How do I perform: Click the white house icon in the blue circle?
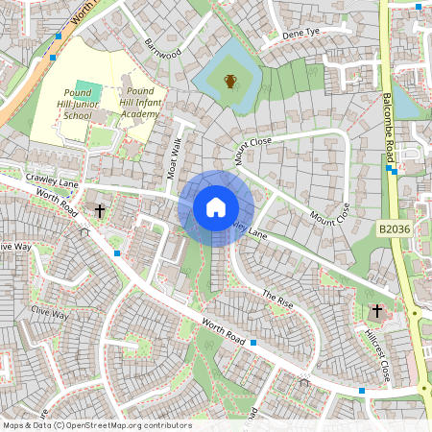(x=216, y=207)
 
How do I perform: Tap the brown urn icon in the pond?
(x=229, y=81)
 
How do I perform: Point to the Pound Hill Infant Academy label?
(x=144, y=108)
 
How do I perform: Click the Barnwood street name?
(x=162, y=48)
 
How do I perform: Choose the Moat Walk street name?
(x=175, y=157)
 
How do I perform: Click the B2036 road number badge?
(x=396, y=229)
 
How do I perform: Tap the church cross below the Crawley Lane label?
(x=99, y=210)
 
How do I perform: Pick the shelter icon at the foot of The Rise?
(x=304, y=382)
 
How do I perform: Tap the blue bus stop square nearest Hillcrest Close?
(x=362, y=391)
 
